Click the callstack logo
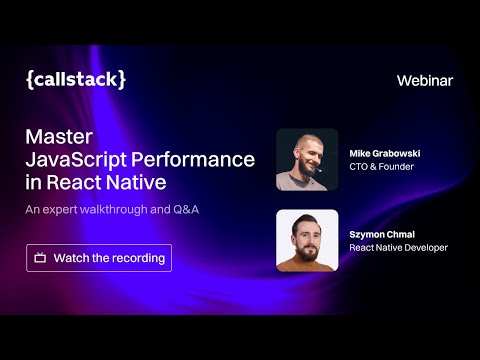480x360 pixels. pos(76,80)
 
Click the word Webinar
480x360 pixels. pos(425,80)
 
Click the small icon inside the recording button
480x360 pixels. pos(40,258)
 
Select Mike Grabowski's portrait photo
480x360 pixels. pos(307,160)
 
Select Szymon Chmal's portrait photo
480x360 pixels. pos(307,240)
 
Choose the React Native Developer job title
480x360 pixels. pos(398,247)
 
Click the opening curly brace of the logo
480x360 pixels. pos(30,80)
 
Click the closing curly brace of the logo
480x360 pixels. pos(122,80)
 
